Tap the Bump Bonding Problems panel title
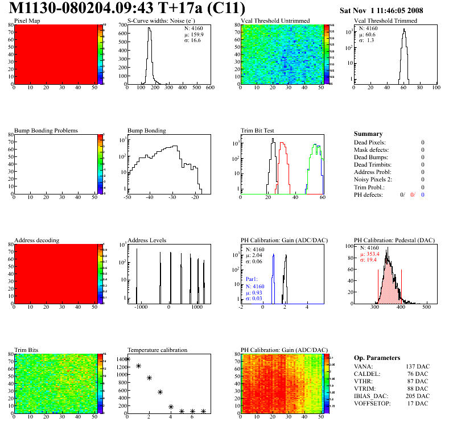tap(46, 130)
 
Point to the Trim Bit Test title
tap(258, 130)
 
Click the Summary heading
tap(368, 134)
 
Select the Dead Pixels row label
tap(370, 142)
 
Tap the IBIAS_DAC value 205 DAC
tap(418, 396)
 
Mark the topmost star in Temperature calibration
tap(127, 359)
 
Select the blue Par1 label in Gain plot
tap(253, 280)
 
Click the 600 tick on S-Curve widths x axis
tap(209, 88)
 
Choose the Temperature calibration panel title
tap(157, 350)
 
